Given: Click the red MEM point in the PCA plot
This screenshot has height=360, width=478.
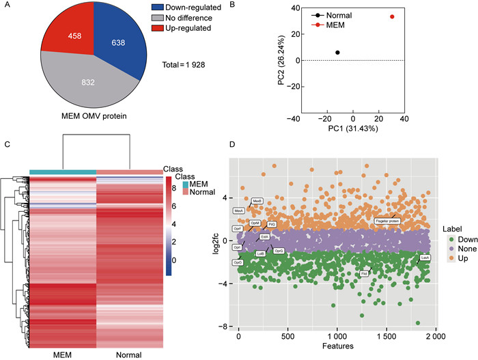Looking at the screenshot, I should pos(392,16).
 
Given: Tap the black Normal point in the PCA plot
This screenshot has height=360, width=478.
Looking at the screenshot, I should pos(337,53).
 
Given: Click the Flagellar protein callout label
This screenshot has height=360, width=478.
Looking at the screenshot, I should pos(387,221).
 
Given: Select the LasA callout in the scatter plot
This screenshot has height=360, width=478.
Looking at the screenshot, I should pos(425,258).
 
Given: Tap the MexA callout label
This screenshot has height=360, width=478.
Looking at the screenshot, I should pos(239,211).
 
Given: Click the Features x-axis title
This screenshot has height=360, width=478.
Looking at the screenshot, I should pos(337,347).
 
